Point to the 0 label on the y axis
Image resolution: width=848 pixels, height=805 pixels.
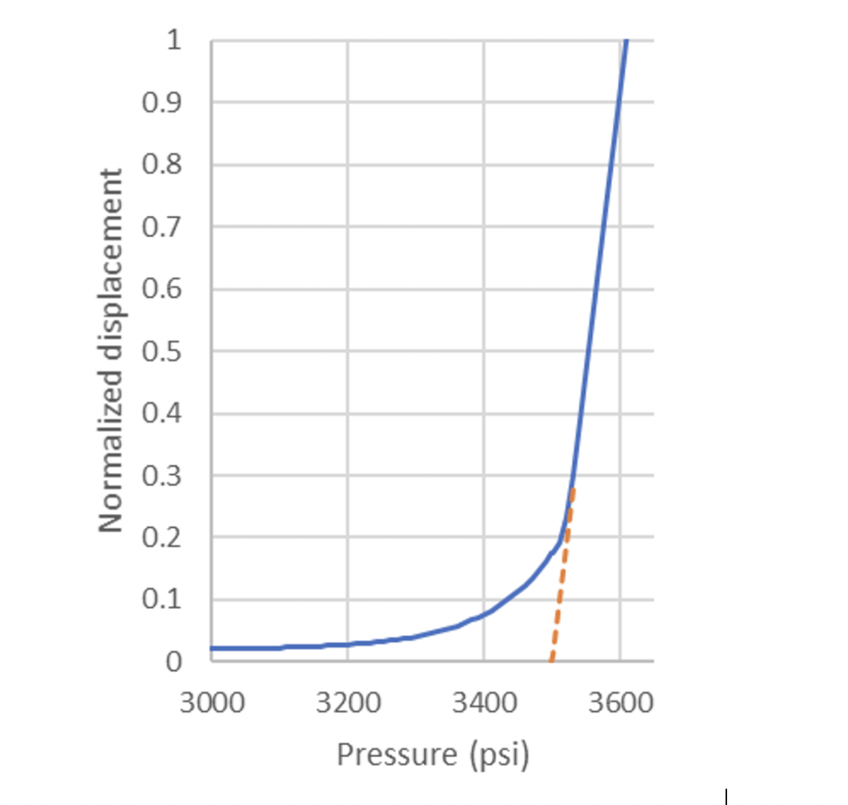tap(174, 662)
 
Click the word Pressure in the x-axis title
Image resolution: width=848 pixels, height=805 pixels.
tap(396, 754)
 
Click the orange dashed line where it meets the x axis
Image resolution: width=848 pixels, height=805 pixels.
tap(552, 660)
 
